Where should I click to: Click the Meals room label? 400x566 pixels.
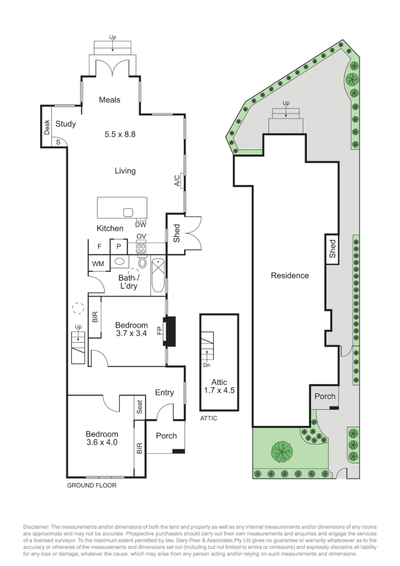click(x=109, y=100)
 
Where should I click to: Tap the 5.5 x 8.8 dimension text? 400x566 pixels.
click(x=120, y=134)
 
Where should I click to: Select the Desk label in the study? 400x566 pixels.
click(x=47, y=127)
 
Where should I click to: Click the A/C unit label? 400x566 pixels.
click(x=177, y=180)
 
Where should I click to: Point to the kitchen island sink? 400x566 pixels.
click(x=128, y=212)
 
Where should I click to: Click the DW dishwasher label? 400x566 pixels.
click(x=141, y=224)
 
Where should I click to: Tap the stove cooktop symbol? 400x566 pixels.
click(x=141, y=248)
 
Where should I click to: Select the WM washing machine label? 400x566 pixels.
click(x=98, y=264)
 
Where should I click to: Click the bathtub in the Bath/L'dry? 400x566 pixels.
click(x=158, y=276)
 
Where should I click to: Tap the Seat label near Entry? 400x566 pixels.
click(x=140, y=407)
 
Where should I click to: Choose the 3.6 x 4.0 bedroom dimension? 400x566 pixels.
click(x=102, y=442)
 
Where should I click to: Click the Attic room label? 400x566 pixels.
click(x=219, y=382)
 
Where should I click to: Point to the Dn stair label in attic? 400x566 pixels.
click(x=207, y=365)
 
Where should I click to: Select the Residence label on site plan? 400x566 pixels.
click(x=290, y=276)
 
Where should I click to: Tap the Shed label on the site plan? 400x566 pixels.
click(x=332, y=249)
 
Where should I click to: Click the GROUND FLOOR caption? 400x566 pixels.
click(x=92, y=485)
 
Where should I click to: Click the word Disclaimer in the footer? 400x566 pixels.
click(x=37, y=527)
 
